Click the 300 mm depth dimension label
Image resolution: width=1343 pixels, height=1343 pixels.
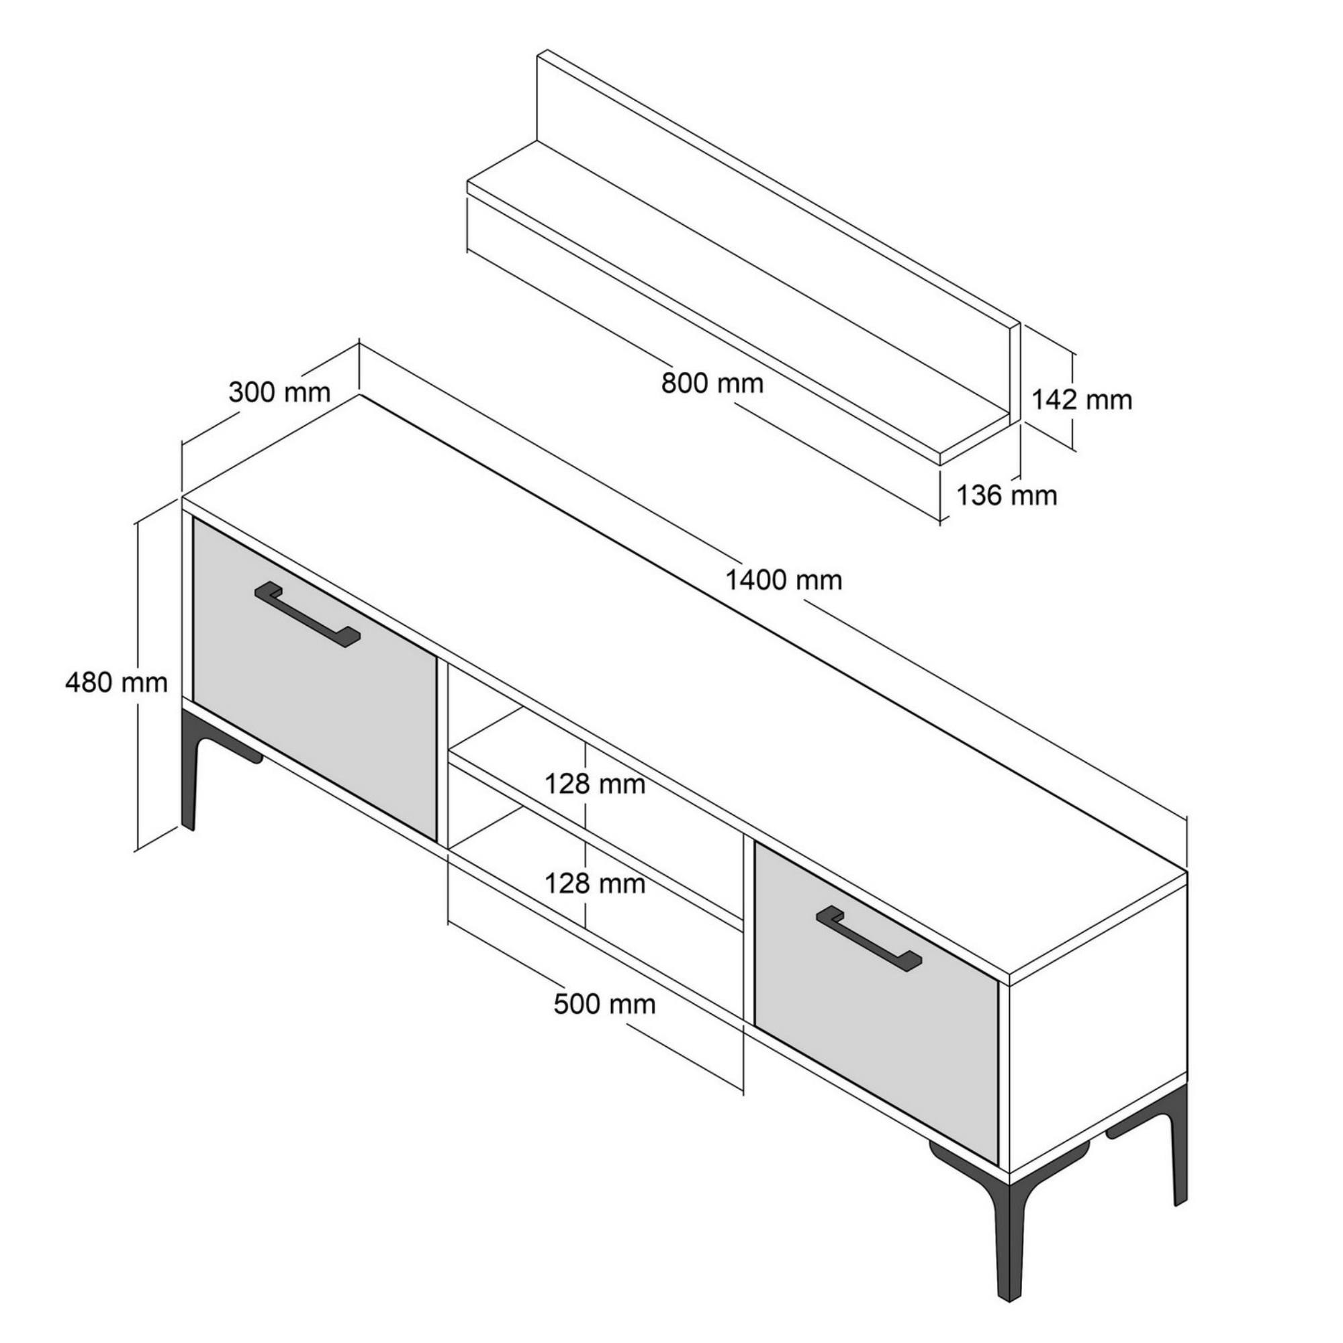click(x=279, y=393)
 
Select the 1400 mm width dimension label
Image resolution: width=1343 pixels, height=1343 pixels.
click(x=784, y=580)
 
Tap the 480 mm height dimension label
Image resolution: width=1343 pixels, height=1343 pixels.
click(x=117, y=683)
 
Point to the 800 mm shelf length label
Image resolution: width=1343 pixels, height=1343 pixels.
click(x=712, y=383)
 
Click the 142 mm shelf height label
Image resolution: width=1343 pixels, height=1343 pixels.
click(x=1082, y=400)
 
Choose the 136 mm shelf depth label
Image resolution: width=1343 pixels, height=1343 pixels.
click(x=1007, y=496)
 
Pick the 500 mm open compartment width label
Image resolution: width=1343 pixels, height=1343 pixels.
click(x=605, y=1005)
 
